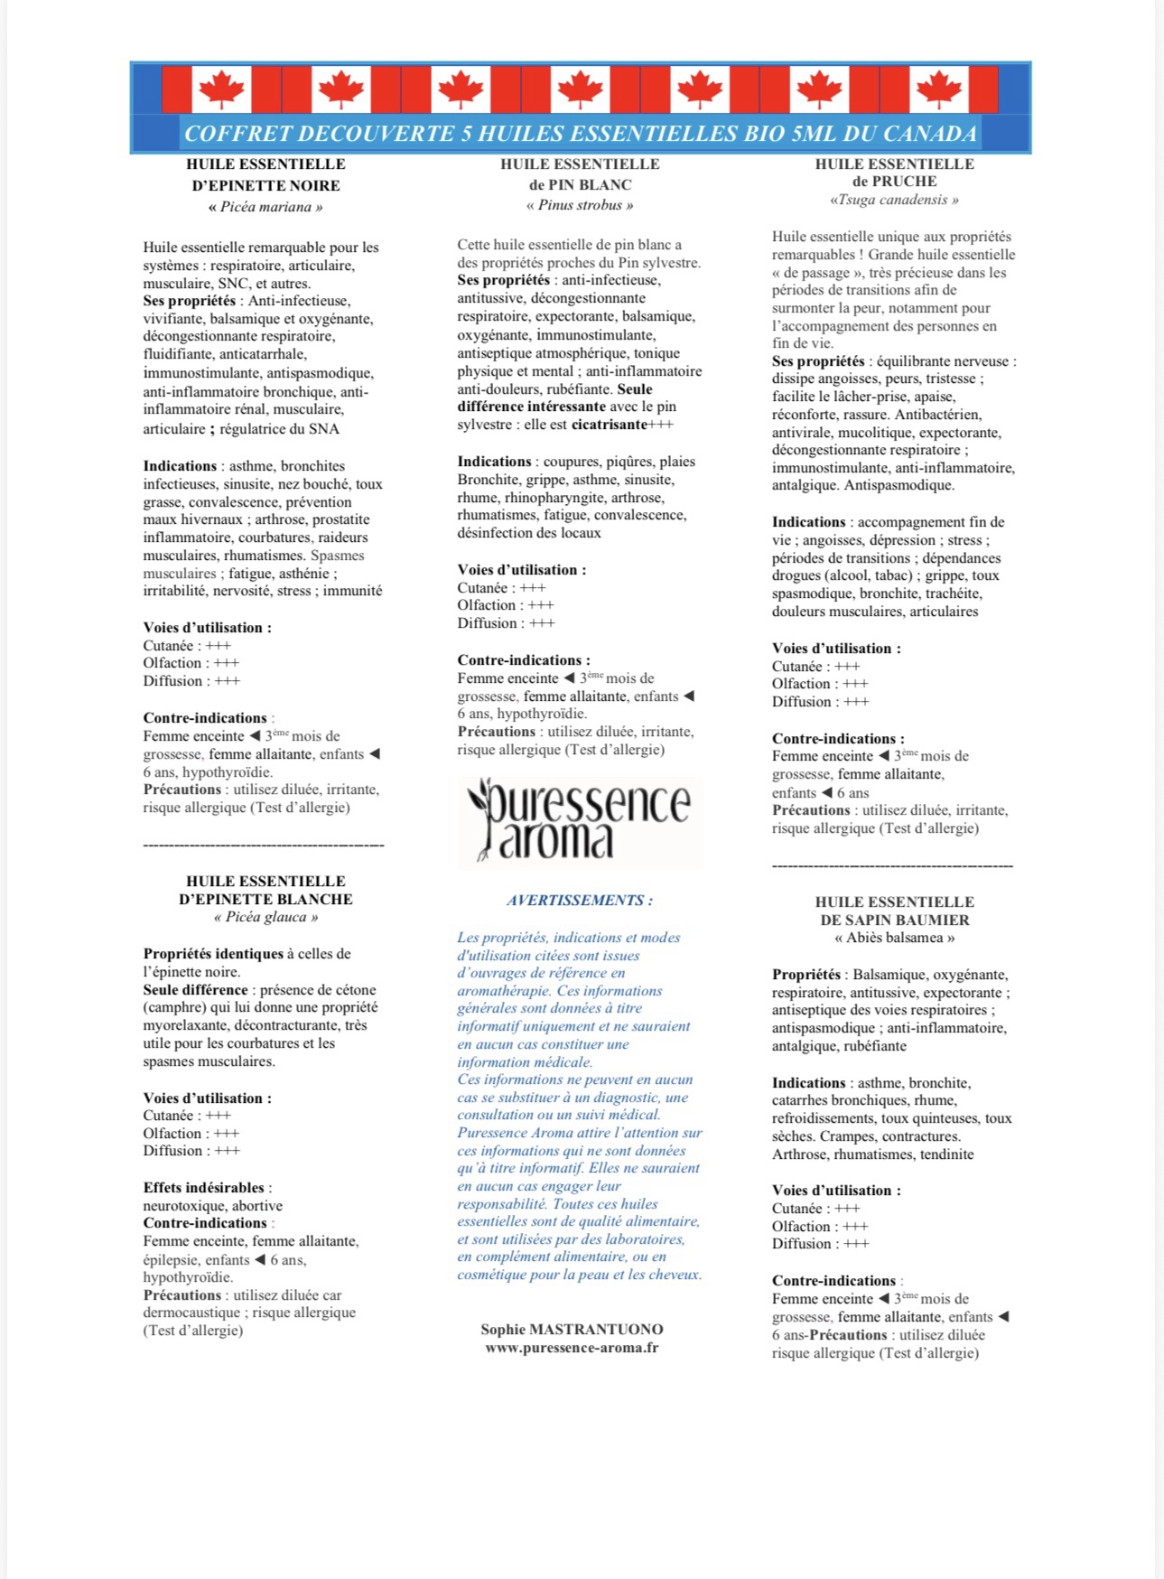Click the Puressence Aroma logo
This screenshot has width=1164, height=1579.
coord(580,820)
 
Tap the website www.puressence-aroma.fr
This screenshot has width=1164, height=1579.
coord(572,1347)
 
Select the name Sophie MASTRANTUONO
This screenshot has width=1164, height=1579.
coord(572,1329)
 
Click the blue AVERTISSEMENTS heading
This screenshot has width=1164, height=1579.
coord(579,900)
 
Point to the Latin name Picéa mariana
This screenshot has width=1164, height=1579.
coord(265,207)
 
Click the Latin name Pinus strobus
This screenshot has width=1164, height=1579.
coord(580,205)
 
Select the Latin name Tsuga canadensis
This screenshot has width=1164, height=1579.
coord(894,200)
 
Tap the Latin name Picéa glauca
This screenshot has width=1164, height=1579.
coord(265,917)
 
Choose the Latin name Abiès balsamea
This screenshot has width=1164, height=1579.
coord(894,938)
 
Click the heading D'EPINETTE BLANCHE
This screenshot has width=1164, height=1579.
coord(265,899)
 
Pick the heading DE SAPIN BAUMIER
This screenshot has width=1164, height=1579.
coord(894,920)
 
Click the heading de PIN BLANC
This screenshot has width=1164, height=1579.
coord(580,184)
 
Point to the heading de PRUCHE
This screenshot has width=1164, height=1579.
coord(894,181)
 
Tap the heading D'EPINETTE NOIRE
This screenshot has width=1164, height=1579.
coord(265,185)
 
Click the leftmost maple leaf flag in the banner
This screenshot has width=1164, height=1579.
coord(221,89)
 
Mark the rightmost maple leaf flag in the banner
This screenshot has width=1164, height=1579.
coord(938,89)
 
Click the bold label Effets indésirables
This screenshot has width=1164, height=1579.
coord(203,1187)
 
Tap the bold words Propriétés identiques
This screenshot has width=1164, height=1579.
coord(213,953)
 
